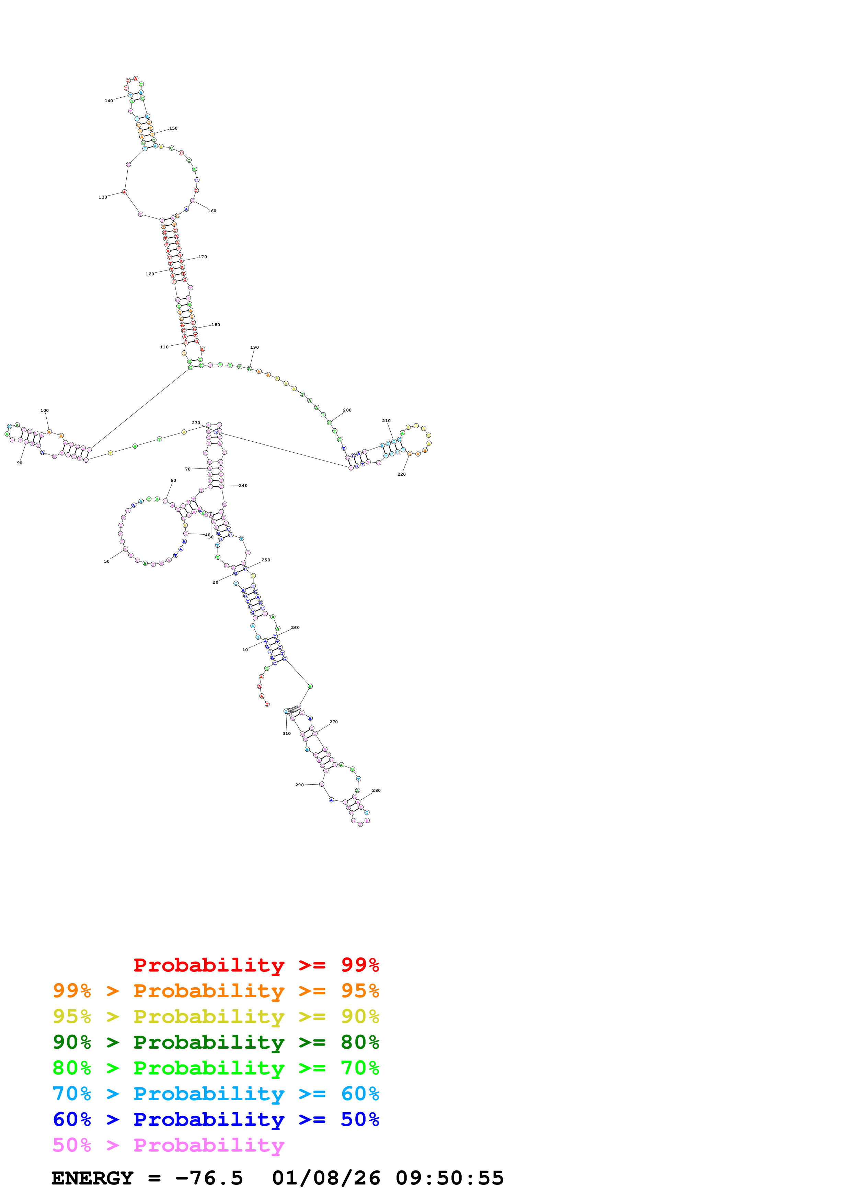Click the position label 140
coord(108,100)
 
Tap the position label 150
coord(173,128)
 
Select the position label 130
coord(103,198)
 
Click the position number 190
coord(254,347)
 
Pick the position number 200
coord(347,410)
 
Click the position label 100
coord(45,411)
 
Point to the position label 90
coord(20,463)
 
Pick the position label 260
coord(295,628)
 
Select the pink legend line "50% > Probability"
coord(168,1145)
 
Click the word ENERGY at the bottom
coord(92,1178)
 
